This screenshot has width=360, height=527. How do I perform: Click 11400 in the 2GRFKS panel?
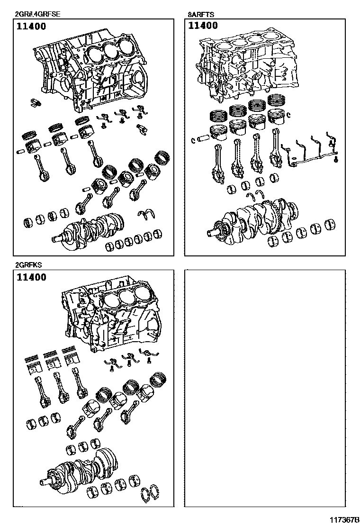coord(32,277)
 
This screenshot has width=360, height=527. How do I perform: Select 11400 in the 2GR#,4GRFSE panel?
coord(32,26)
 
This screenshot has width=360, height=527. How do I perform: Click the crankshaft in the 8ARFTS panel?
coord(256,218)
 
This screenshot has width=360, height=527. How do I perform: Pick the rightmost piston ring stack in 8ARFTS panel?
coord(276,101)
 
